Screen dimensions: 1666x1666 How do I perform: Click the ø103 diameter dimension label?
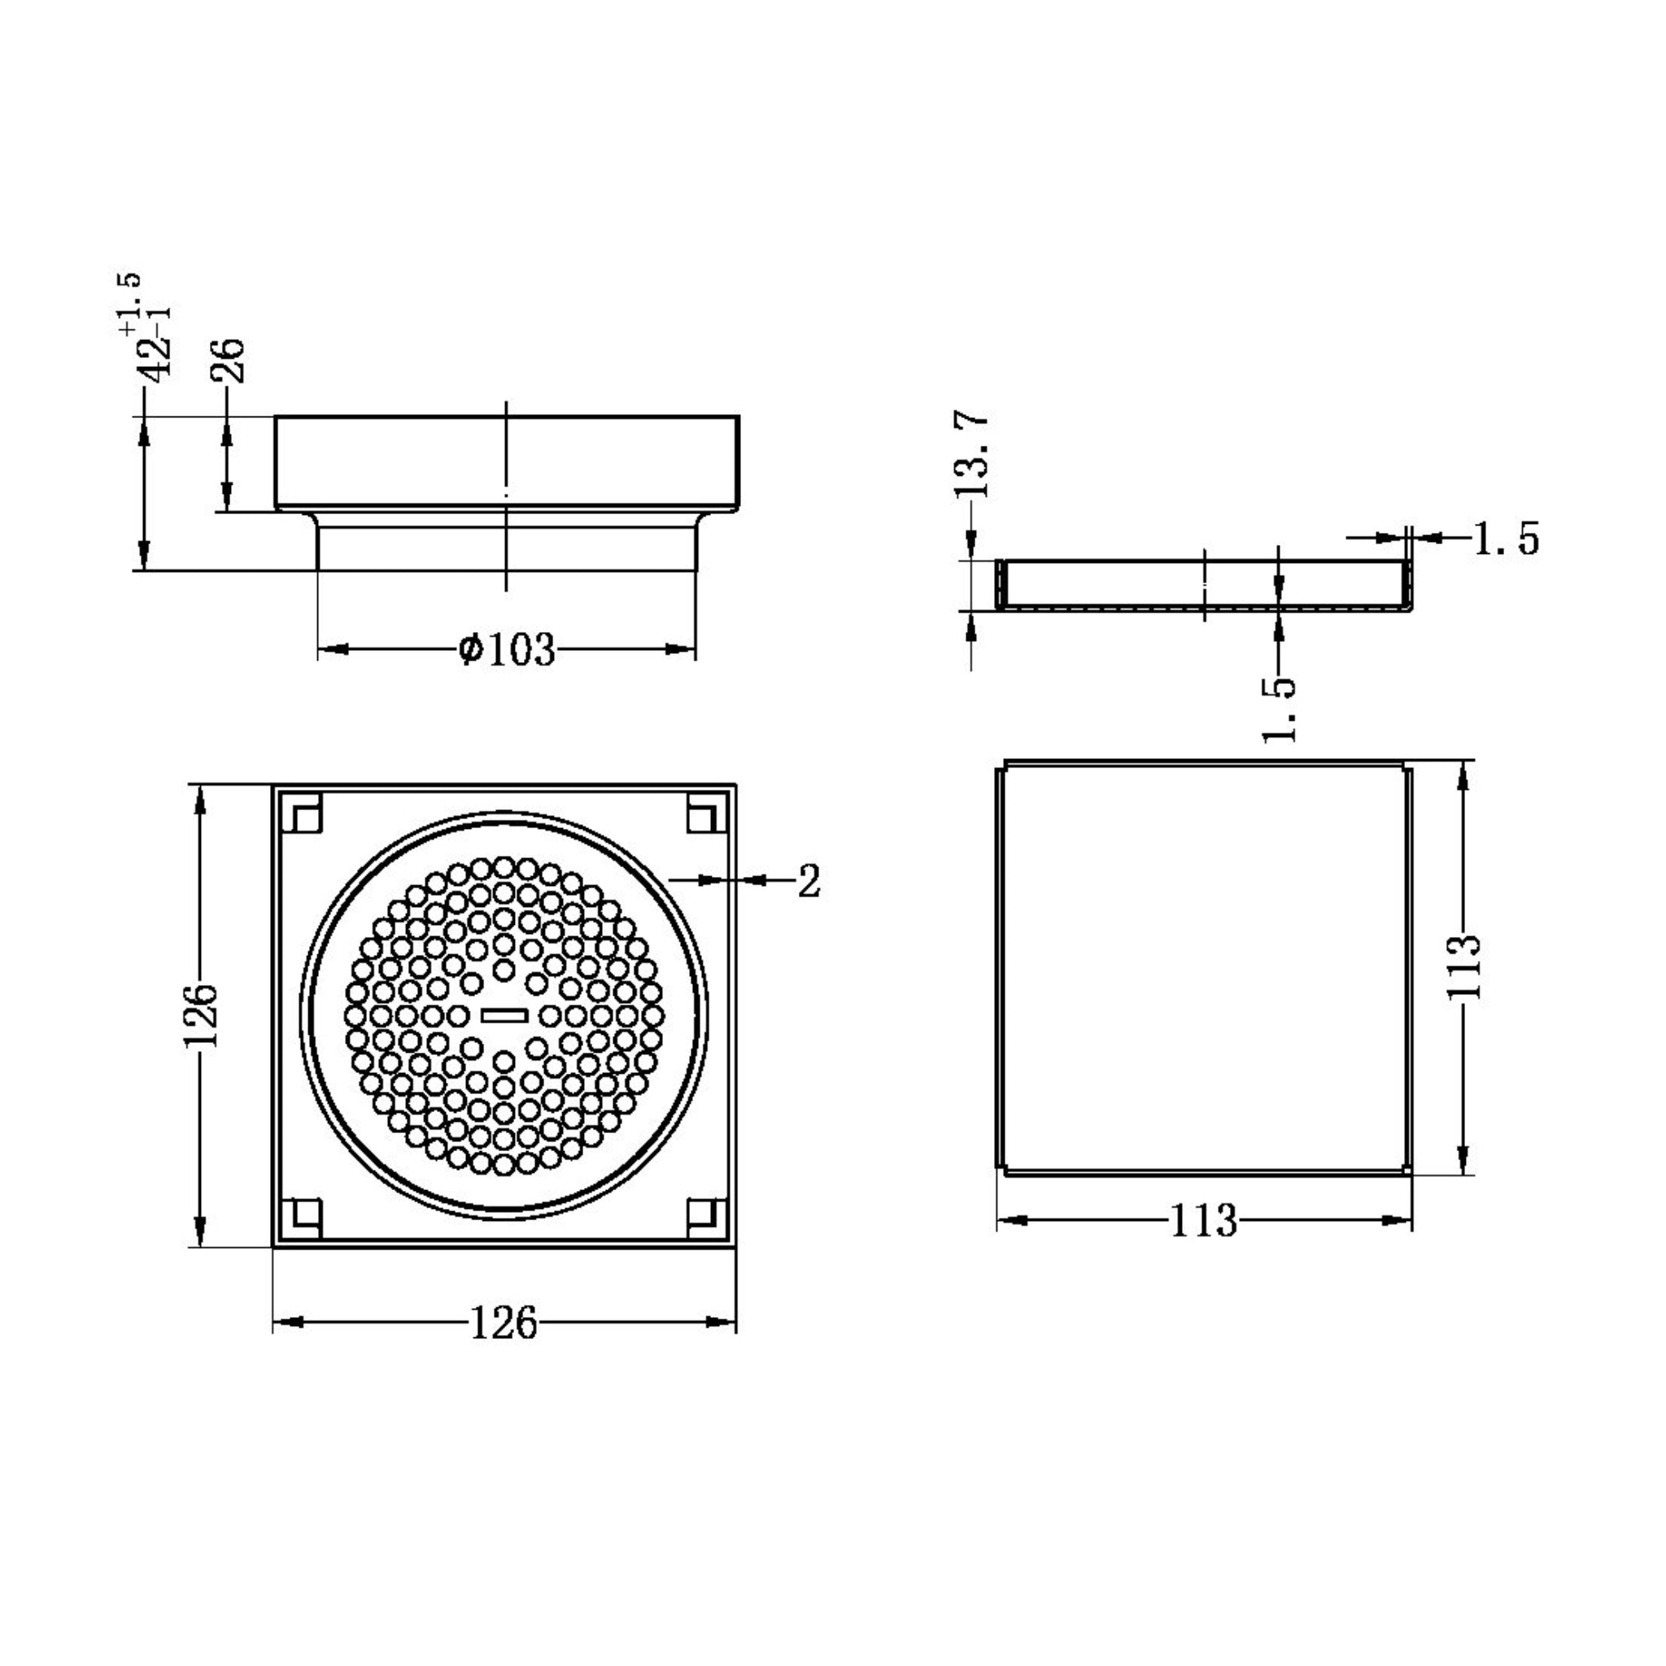507,650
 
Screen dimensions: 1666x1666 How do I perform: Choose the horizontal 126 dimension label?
504,1322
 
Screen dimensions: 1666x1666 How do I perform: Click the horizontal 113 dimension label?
1204,1220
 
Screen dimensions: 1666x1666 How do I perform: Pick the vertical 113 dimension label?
1463,967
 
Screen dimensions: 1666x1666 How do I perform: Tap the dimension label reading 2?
808,880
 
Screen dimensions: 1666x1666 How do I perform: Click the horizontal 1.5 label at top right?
1506,539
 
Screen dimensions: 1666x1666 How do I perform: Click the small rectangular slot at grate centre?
504,1015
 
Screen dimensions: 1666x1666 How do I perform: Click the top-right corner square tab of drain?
704,815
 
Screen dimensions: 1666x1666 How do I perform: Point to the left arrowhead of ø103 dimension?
332,649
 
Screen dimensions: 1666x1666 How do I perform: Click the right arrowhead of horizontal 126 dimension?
721,1322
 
